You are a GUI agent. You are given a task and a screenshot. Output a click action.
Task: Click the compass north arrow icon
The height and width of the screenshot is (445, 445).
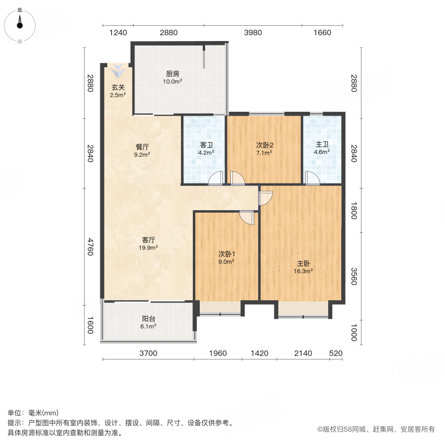coord(20,23)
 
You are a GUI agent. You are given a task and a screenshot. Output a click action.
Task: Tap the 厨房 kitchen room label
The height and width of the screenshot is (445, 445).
coord(173,74)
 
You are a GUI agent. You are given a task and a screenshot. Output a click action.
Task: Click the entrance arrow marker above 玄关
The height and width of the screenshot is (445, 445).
coord(118,71)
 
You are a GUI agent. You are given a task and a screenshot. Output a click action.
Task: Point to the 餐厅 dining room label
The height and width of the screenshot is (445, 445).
coord(142,147)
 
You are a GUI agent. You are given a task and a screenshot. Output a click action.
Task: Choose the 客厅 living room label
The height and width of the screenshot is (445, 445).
coord(148,240)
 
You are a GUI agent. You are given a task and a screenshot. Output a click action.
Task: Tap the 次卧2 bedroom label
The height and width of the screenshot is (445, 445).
coord(265,145)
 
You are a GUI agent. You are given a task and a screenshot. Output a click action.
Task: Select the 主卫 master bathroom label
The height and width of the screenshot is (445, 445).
coord(322,145)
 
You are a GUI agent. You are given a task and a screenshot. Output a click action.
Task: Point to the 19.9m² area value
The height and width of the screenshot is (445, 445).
coord(148,247)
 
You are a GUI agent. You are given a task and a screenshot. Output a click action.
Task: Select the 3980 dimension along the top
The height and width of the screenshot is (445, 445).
coord(253,33)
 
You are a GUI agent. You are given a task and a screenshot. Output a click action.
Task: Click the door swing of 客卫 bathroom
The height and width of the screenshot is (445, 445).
coord(216,178)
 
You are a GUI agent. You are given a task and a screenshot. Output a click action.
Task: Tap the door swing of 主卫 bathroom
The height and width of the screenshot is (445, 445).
coord(312,178)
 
